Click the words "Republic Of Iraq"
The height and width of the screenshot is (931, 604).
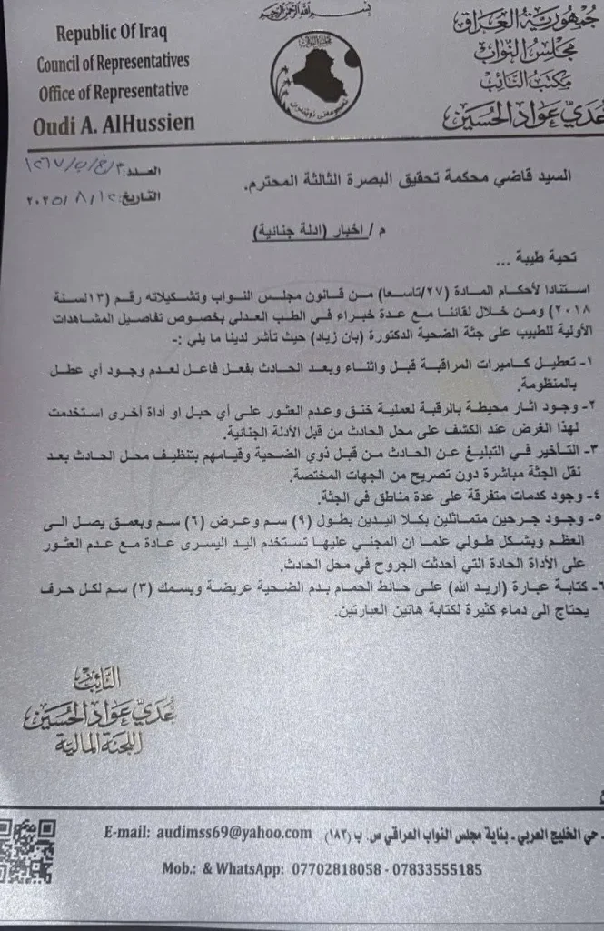coord(113,35)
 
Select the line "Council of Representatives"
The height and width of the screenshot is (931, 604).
coord(113,63)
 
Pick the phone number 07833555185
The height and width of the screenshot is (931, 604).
coord(434,868)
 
